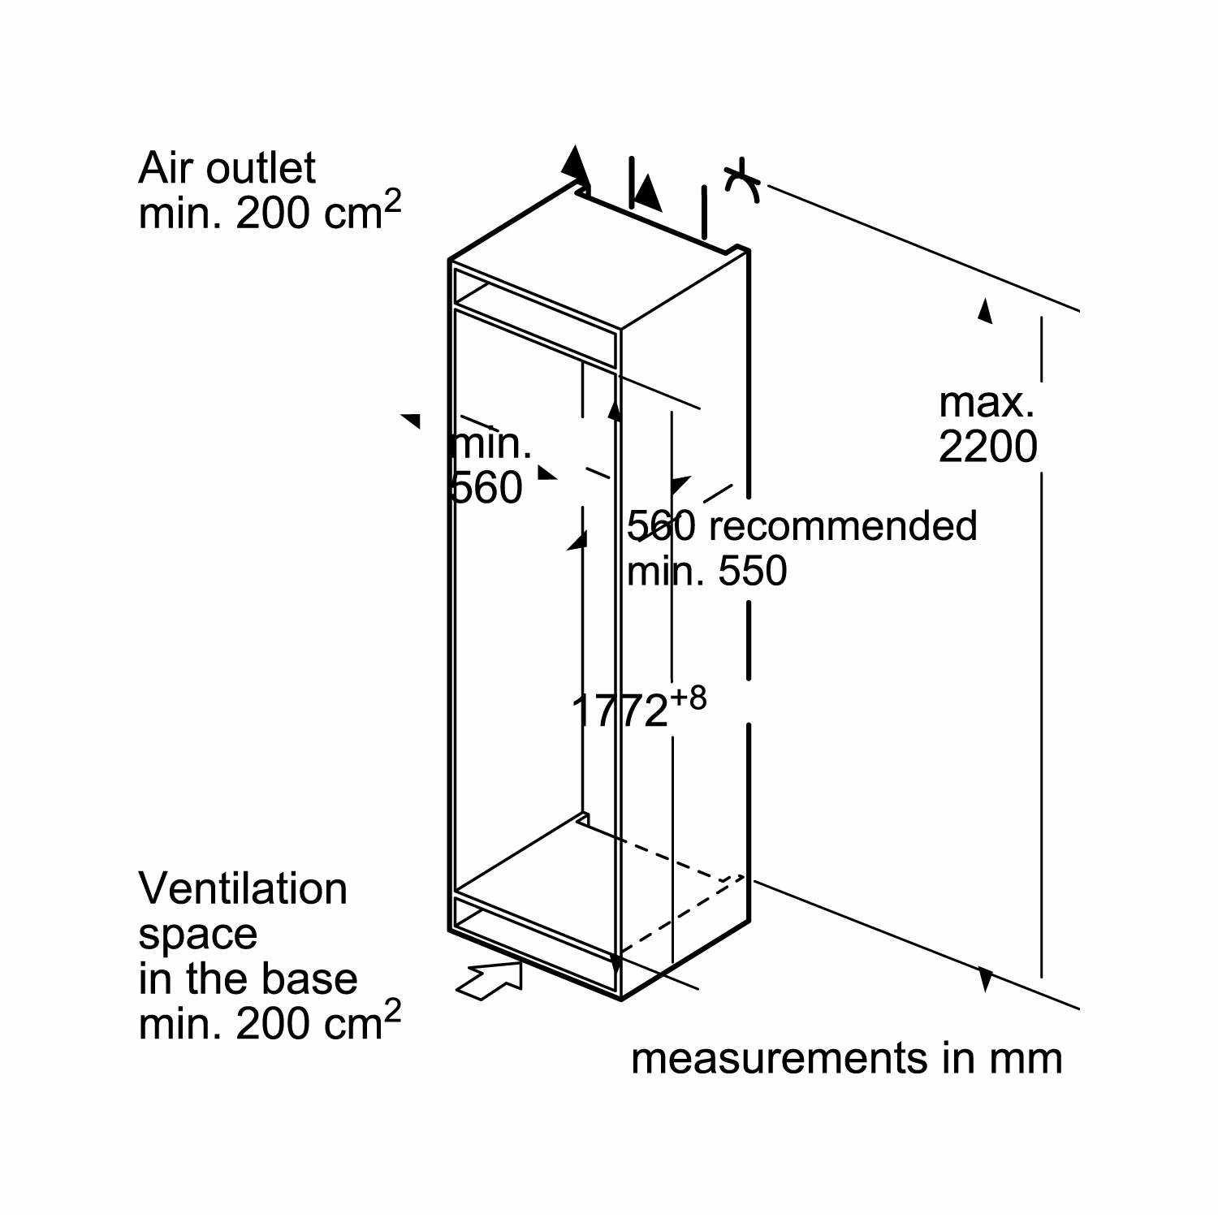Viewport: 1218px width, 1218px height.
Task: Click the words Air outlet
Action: (x=227, y=168)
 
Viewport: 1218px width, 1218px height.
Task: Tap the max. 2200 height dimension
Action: (x=987, y=425)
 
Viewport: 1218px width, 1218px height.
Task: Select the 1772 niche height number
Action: (x=620, y=711)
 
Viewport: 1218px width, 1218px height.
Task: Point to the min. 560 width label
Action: (x=489, y=465)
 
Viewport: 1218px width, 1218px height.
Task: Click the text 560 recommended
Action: (x=801, y=525)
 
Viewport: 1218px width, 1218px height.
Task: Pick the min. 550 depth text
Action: (x=706, y=571)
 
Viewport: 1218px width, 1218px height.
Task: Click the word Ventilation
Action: (x=243, y=888)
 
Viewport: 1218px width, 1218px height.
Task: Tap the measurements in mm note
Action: (x=846, y=1058)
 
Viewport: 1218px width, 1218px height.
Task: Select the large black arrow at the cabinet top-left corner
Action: (x=576, y=166)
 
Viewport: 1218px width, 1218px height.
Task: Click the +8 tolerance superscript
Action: (x=689, y=698)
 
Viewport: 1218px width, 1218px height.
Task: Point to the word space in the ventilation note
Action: (x=197, y=934)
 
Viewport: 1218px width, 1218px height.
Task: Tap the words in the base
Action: (x=248, y=978)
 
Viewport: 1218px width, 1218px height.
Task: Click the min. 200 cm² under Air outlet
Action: (x=270, y=213)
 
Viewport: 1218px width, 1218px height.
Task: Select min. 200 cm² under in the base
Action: (x=270, y=1023)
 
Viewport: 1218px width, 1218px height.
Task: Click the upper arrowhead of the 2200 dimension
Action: (x=985, y=311)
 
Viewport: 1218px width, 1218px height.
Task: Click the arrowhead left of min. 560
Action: (x=411, y=420)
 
